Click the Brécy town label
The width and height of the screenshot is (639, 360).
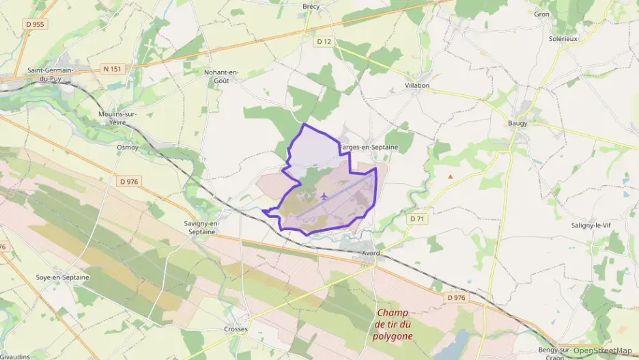pos(311,6)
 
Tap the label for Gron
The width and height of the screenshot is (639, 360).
pos(541,14)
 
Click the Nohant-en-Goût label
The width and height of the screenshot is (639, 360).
pos(226,75)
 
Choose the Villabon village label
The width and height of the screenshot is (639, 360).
pos(417,85)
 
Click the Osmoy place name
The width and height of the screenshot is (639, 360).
pos(128,147)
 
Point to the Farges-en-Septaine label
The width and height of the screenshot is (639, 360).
pos(369,148)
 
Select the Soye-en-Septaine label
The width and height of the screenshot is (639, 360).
pos(61,277)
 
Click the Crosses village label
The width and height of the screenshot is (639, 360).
pos(236,329)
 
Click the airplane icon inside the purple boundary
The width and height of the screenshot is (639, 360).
pos(323,196)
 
